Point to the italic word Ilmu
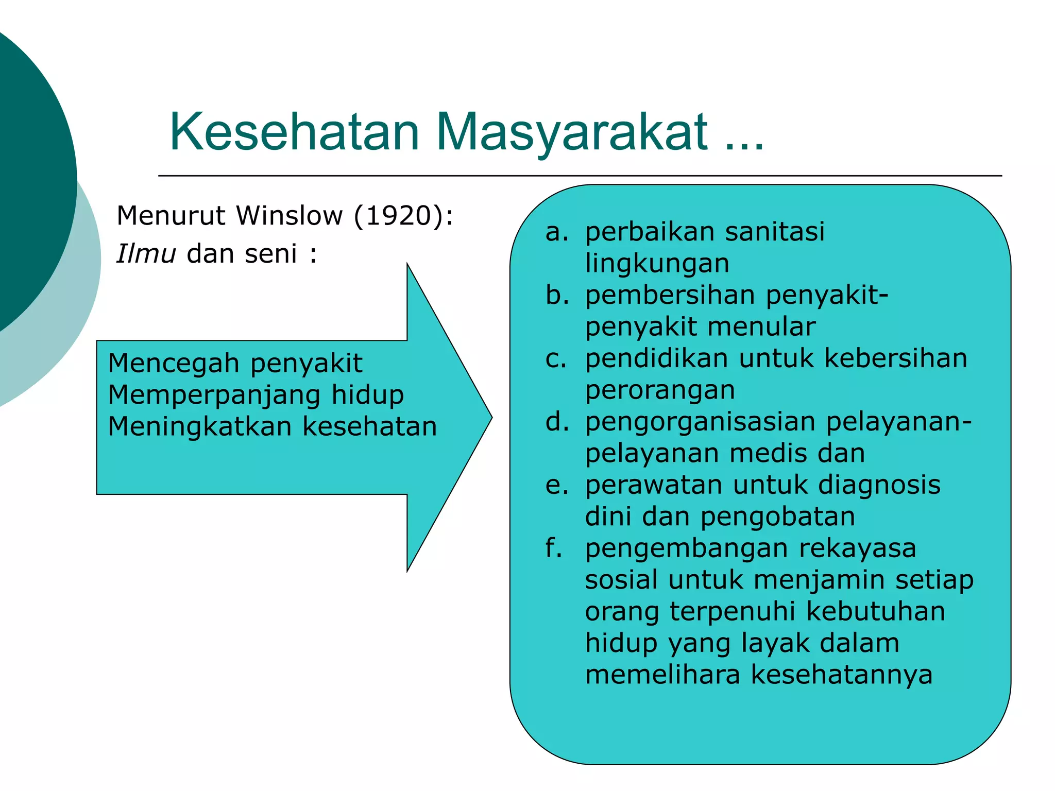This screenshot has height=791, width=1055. tap(146, 253)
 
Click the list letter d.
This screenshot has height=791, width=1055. tap(556, 422)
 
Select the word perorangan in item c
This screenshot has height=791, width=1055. tap(660, 390)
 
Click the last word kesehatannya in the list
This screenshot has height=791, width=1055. tap(841, 675)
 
